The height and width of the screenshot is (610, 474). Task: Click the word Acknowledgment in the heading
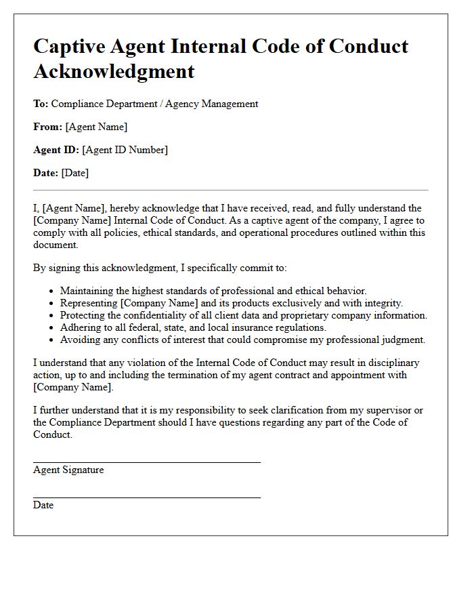pyautogui.click(x=114, y=70)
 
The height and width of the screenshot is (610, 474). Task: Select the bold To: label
pyautogui.click(x=41, y=104)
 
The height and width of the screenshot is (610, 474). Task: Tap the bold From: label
pyautogui.click(x=47, y=127)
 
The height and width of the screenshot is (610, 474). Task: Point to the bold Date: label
pyautogui.click(x=46, y=173)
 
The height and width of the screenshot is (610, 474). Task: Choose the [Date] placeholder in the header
pyautogui.click(x=75, y=173)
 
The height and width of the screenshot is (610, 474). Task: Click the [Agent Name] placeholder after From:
pyautogui.click(x=96, y=127)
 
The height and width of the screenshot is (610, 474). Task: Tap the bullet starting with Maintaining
pyautogui.click(x=213, y=291)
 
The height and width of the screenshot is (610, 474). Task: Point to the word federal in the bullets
pyautogui.click(x=129, y=327)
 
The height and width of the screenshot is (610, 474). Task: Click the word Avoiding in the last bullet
pyautogui.click(x=80, y=340)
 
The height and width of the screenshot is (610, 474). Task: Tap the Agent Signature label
pyautogui.click(x=68, y=470)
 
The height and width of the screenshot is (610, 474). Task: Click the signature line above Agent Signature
pyautogui.click(x=147, y=462)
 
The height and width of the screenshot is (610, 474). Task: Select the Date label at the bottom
pyautogui.click(x=43, y=505)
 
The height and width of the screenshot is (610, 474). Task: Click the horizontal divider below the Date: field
pyautogui.click(x=231, y=190)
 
